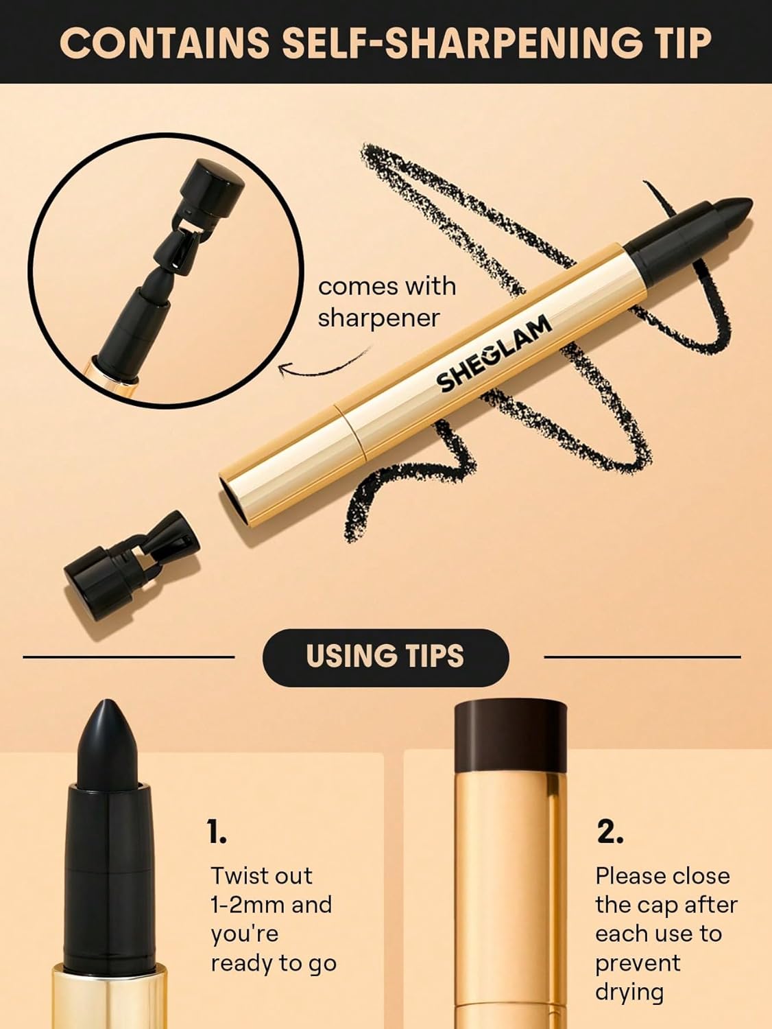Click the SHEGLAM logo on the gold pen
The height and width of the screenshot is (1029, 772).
click(494, 354)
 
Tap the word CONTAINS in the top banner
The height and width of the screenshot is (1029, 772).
click(164, 43)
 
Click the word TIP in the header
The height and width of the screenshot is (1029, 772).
click(674, 43)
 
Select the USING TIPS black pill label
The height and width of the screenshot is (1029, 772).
click(385, 657)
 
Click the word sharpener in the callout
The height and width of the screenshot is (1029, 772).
click(378, 318)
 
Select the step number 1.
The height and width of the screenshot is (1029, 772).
click(217, 832)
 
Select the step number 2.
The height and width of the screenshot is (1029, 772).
click(610, 832)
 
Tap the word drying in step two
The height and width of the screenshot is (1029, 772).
click(629, 992)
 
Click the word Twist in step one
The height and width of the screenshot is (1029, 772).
click(236, 876)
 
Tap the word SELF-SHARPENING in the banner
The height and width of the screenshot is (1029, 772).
click(431, 43)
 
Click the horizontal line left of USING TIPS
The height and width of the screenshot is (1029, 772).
click(129, 657)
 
